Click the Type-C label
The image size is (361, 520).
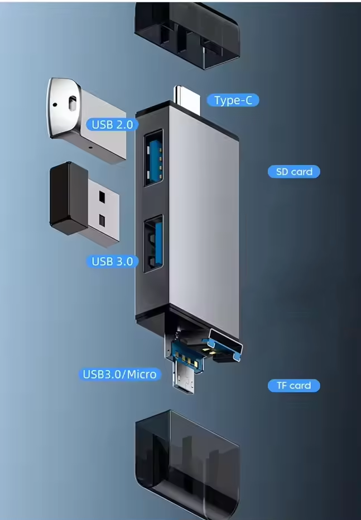(x=233, y=100)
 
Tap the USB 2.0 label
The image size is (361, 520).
(x=112, y=124)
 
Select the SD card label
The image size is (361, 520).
(x=294, y=172)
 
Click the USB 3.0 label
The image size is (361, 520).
(x=112, y=261)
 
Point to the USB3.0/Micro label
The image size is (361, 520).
(x=119, y=374)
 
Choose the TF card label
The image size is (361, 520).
(x=293, y=385)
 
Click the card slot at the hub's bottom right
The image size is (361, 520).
(x=225, y=346)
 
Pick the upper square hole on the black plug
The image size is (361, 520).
(x=102, y=197)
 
